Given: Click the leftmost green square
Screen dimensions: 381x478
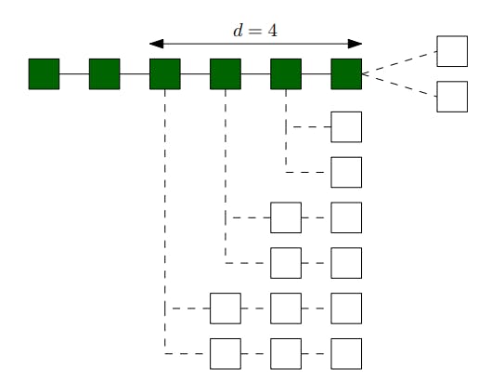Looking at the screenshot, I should pyautogui.click(x=44, y=73).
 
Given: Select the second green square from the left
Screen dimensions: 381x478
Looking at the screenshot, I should pyautogui.click(x=104, y=73).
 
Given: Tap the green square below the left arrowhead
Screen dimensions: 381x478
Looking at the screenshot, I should pyautogui.click(x=164, y=73).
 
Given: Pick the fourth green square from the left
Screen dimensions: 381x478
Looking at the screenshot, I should pyautogui.click(x=226, y=73).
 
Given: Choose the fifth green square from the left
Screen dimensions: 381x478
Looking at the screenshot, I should pyautogui.click(x=286, y=73).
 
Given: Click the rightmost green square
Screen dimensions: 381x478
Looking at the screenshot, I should pyautogui.click(x=346, y=73).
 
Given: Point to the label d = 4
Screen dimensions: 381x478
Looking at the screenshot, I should pyautogui.click(x=255, y=30).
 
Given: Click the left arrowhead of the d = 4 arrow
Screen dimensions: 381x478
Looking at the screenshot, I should pyautogui.click(x=155, y=43).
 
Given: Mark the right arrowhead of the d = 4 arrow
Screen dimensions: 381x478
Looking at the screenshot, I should pyautogui.click(x=355, y=43).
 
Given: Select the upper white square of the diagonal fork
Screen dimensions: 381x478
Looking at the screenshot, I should pyautogui.click(x=452, y=52).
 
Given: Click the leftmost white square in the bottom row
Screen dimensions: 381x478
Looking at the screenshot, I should pyautogui.click(x=226, y=353).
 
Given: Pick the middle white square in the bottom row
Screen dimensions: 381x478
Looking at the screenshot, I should pyautogui.click(x=286, y=353).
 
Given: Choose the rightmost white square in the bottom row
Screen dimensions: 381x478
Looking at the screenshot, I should pyautogui.click(x=346, y=353).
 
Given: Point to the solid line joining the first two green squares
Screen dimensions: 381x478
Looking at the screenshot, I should pyautogui.click(x=74, y=73).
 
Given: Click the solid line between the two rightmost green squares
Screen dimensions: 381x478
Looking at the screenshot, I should pyautogui.click(x=317, y=73).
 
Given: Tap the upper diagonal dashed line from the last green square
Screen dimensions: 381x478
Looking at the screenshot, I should pyautogui.click(x=399, y=62).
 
